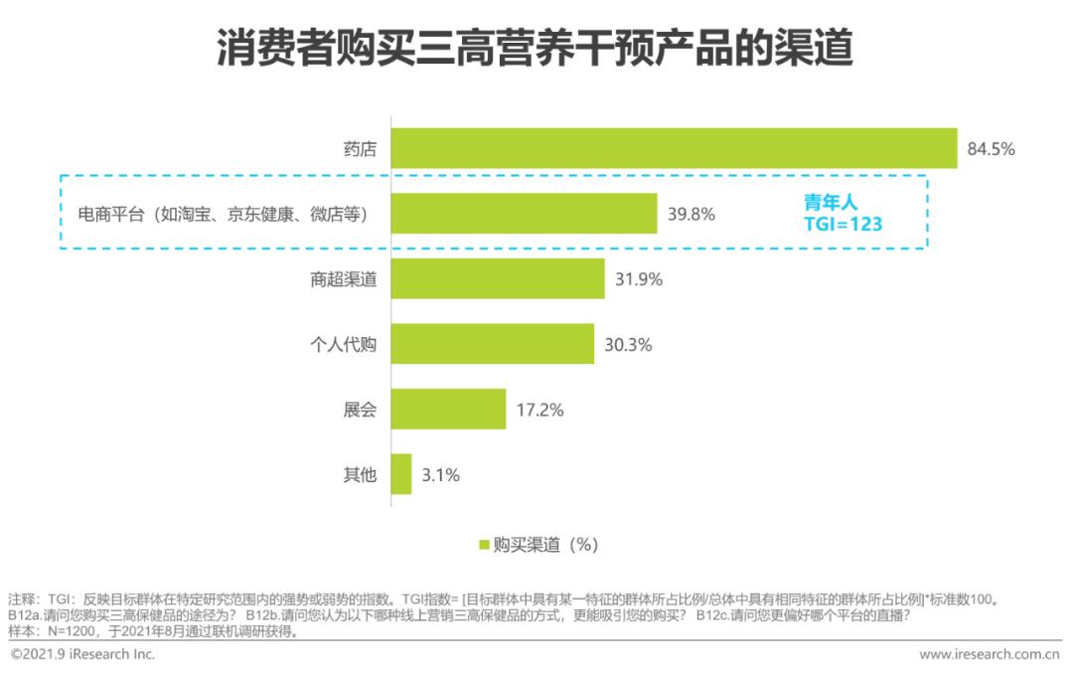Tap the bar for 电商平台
[524, 214]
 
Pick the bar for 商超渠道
[498, 279]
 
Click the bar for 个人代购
[492, 344]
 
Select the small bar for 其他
[401, 474]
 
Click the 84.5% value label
[991, 149]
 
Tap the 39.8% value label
[690, 214]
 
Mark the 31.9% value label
[639, 279]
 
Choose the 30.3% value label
[628, 345]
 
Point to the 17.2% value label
[539, 410]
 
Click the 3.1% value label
[440, 475]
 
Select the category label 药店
[360, 149]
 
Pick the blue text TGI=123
[843, 224]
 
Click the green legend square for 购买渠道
[485, 545]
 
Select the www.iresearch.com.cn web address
[990, 654]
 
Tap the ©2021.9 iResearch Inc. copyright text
[83, 654]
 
